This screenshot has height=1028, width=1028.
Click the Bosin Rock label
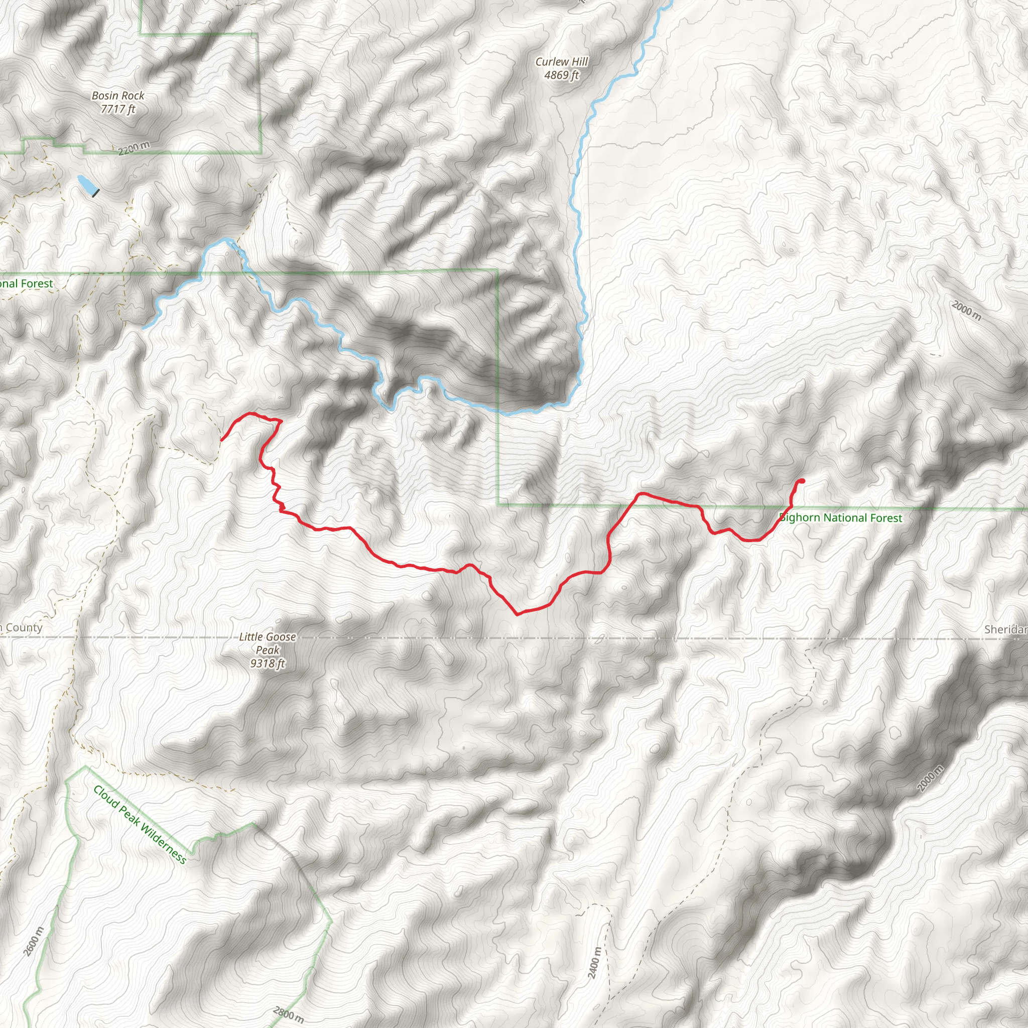click(x=117, y=96)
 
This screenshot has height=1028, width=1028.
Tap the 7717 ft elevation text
click(x=117, y=109)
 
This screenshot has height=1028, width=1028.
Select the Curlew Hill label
click(x=561, y=62)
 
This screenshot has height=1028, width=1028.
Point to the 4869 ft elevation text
click(x=561, y=75)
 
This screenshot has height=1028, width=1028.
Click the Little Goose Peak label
click(x=267, y=643)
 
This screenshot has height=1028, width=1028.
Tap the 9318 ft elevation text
click(x=267, y=663)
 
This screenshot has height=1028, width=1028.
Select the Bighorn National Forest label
click(x=841, y=518)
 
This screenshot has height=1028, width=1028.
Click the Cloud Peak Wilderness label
click(x=140, y=824)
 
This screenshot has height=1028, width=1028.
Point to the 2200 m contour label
click(x=134, y=148)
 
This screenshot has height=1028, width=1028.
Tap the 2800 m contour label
click(x=289, y=1014)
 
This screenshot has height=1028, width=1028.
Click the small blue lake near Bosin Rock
click(x=87, y=184)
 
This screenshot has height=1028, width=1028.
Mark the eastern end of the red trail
click(x=802, y=481)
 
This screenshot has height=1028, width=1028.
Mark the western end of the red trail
click(x=222, y=440)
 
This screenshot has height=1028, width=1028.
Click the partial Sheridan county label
click(x=1005, y=629)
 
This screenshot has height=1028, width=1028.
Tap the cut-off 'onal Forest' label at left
click(x=27, y=284)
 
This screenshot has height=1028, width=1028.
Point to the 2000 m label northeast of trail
click(x=966, y=311)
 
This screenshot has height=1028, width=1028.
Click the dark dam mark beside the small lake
click(x=95, y=193)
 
